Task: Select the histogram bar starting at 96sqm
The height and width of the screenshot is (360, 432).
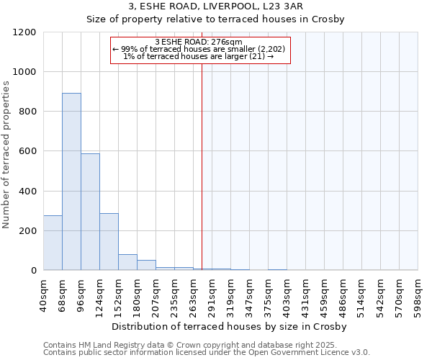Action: coord(90,212)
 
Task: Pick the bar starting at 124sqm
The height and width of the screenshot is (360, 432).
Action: coord(109,241)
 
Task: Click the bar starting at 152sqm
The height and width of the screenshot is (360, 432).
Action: coord(127,262)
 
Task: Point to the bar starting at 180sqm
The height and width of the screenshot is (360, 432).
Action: coord(146,265)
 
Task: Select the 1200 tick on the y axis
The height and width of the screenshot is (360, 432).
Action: coord(25,32)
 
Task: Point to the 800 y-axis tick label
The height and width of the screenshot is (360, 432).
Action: coord(28,112)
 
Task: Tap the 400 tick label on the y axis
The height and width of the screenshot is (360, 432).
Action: coord(28,192)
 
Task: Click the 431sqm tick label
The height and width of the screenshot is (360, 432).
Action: coord(305,294)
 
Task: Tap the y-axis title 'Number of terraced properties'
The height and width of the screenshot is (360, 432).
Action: coord(7,155)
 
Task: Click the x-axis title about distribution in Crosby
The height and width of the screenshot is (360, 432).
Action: coord(230,326)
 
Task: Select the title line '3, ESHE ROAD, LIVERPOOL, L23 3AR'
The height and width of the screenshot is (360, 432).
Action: coord(215,6)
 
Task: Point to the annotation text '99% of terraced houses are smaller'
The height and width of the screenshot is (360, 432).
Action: coord(199,49)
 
